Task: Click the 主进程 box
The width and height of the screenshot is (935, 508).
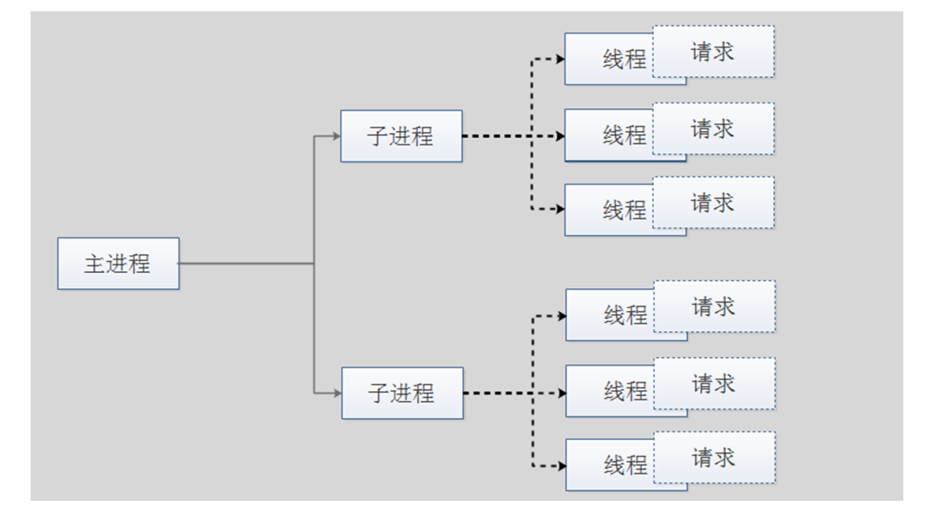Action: pos(118,263)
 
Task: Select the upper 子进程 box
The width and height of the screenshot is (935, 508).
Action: pos(401,136)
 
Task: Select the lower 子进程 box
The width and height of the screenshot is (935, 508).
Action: pos(402,393)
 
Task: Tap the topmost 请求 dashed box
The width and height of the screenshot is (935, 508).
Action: pos(713,51)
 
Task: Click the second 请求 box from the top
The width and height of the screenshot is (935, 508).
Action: pos(713,128)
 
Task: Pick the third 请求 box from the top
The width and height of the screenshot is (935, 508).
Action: pos(713,202)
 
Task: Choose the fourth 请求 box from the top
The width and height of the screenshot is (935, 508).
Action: pos(715,306)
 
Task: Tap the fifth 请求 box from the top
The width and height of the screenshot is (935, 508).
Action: pos(715,383)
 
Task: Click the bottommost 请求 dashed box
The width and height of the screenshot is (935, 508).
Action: pos(715,457)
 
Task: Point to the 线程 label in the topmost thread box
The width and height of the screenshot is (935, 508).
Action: pos(624,59)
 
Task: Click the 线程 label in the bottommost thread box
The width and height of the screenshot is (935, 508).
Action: pos(625,465)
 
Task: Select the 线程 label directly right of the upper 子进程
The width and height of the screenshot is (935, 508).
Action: pos(624,136)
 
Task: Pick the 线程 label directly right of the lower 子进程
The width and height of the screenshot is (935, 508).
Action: pos(625,391)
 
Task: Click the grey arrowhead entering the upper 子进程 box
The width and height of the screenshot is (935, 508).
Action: pos(336,136)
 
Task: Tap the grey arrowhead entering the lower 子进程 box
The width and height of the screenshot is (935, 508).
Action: pos(337,393)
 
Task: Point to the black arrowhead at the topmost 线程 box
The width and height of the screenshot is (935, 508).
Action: pos(560,59)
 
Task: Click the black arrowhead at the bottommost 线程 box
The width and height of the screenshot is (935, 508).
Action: pos(562,466)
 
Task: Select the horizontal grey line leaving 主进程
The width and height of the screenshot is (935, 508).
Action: pos(246,263)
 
